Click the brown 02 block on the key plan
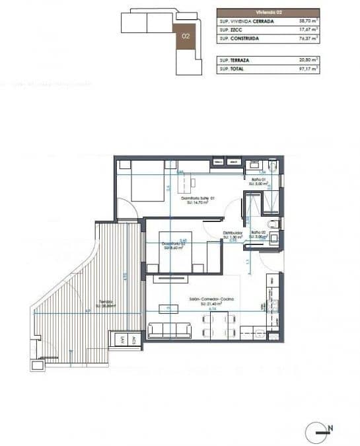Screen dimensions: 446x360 click(186, 36)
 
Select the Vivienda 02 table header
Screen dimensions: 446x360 click(268, 13)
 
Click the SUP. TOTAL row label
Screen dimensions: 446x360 click(233, 68)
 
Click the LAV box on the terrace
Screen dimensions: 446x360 click(122, 341)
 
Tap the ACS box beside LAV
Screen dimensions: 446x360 click(133, 341)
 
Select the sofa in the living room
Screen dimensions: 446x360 click(170, 329)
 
